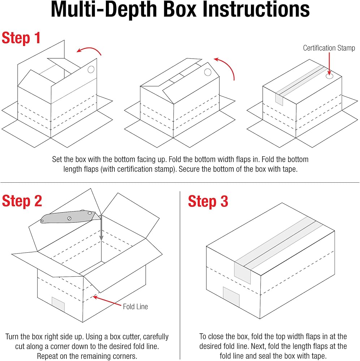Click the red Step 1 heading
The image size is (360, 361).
point(21,38)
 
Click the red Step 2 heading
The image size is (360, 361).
point(22,201)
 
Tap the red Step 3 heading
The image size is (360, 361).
point(208,201)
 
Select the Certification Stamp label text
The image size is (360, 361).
point(329,48)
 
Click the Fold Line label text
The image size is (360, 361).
point(135,306)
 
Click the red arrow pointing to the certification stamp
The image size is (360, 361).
point(329,63)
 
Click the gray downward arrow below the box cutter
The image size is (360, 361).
point(102,227)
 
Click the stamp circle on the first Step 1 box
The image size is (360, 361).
point(91,69)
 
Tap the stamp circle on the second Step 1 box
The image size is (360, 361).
point(208,72)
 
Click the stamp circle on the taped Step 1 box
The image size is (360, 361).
point(329,77)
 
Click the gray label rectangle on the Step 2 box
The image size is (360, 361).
point(58,304)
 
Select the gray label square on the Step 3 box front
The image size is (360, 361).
point(231,297)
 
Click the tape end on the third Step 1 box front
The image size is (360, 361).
point(279,99)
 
